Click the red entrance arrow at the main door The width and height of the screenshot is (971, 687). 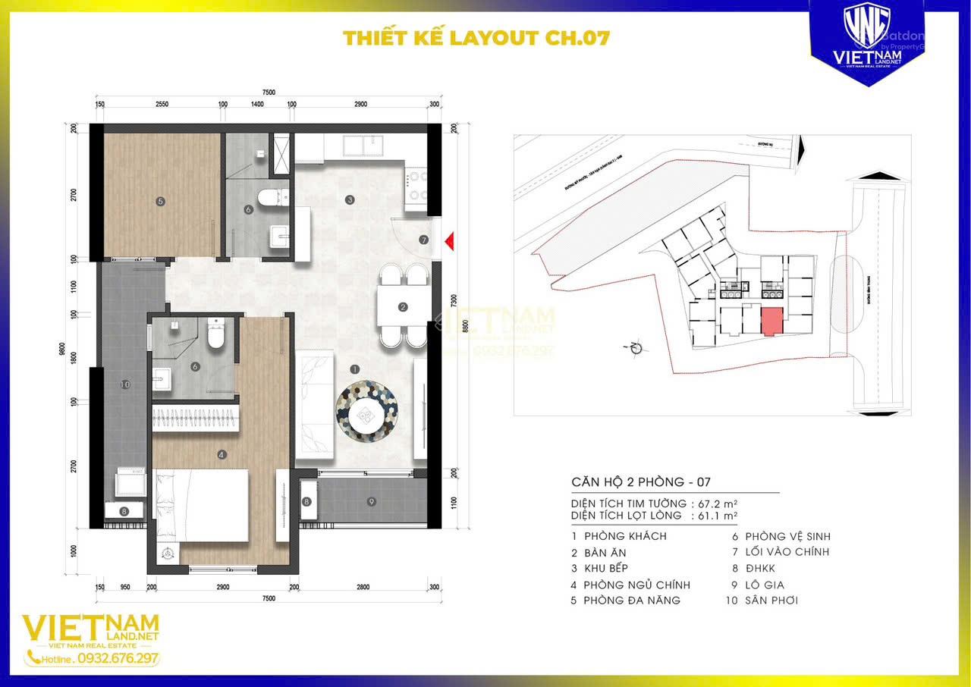pyautogui.click(x=449, y=241)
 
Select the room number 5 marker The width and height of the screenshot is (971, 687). pyautogui.click(x=160, y=201)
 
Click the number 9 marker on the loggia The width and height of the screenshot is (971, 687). pyautogui.click(x=372, y=501)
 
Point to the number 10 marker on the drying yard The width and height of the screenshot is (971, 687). pyautogui.click(x=126, y=385)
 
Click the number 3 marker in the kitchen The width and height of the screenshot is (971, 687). pyautogui.click(x=349, y=200)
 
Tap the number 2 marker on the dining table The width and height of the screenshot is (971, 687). pyautogui.click(x=403, y=308)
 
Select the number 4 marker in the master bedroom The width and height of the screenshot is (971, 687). pyautogui.click(x=222, y=455)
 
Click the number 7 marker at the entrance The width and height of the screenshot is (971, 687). pyautogui.click(x=423, y=240)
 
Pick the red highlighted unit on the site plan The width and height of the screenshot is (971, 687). pyautogui.click(x=771, y=322)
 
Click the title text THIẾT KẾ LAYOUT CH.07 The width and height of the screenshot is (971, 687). pyautogui.click(x=476, y=38)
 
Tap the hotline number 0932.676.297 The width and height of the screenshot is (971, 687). pyautogui.click(x=118, y=658)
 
